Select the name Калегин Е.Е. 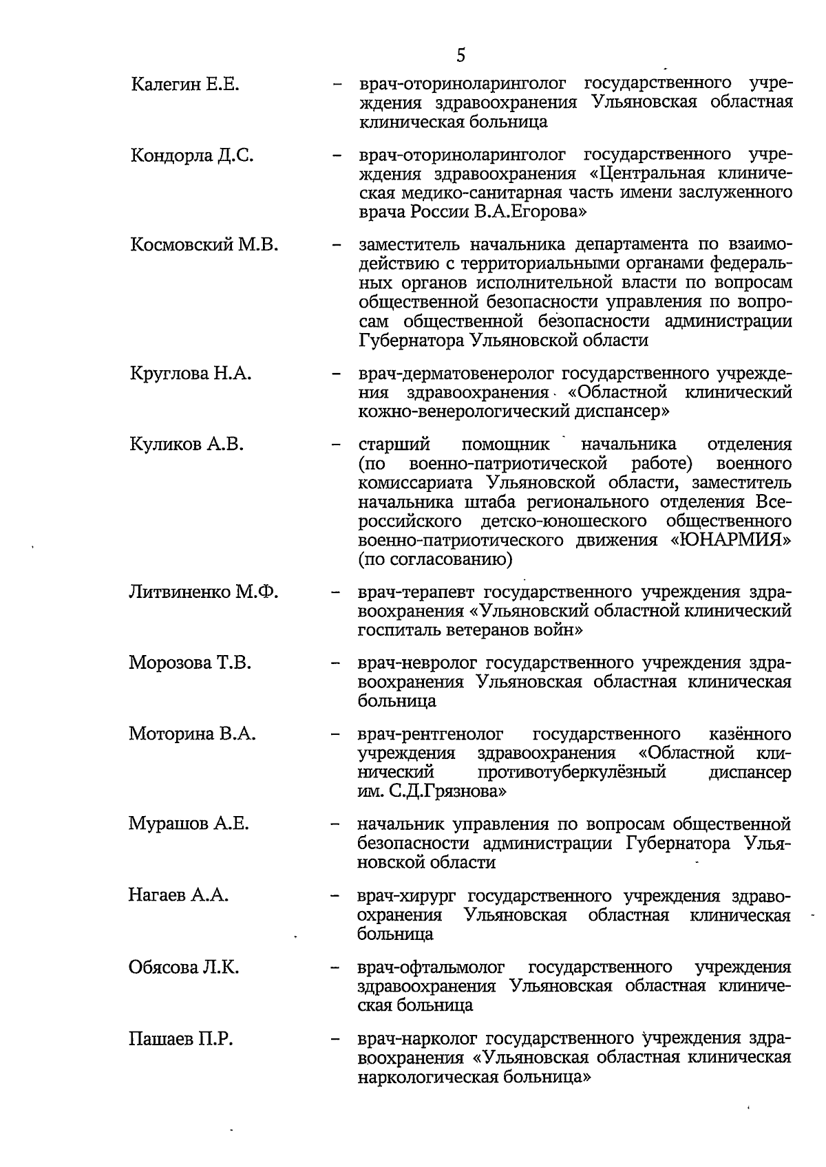tap(184, 85)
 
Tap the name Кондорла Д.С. tap(192, 156)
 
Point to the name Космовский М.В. tap(204, 245)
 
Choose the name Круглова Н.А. tap(191, 374)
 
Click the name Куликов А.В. tap(187, 445)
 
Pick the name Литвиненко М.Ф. tap(203, 592)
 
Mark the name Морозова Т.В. tap(190, 663)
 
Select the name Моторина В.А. tap(192, 734)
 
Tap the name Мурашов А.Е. tap(188, 824)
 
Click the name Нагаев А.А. tap(178, 896)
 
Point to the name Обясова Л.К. tap(184, 967)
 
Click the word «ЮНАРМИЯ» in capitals tap(730, 541)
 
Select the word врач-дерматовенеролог tap(457, 374)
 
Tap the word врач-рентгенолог tap(430, 735)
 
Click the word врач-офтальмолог tap(432, 967)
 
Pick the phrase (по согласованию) tap(435, 559)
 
